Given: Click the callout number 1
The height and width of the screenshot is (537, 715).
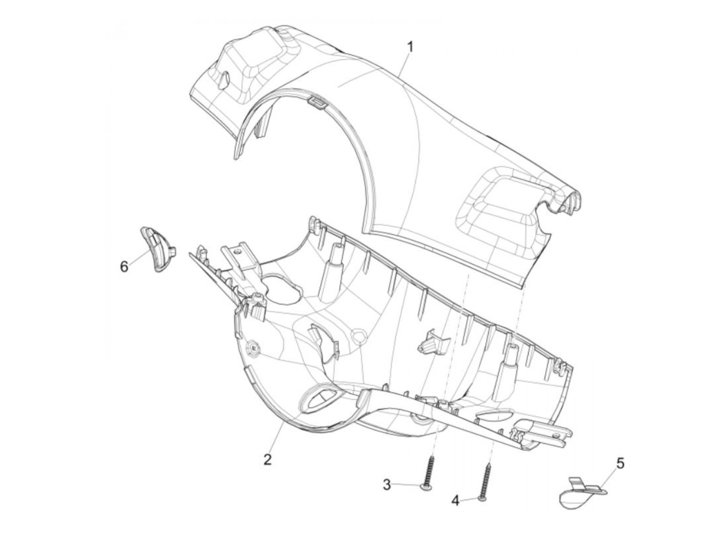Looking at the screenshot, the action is click(x=411, y=47).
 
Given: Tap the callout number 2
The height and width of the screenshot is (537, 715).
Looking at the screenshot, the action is click(x=267, y=459).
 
